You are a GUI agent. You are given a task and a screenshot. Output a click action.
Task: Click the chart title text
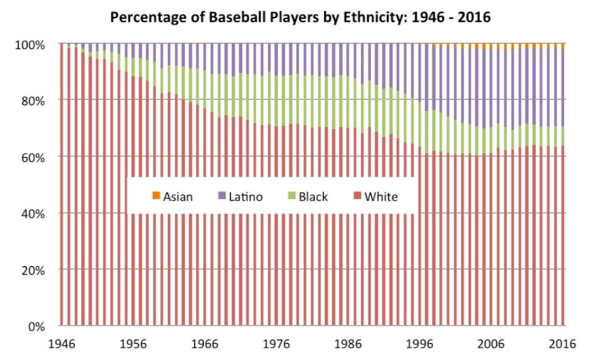tap(300, 17)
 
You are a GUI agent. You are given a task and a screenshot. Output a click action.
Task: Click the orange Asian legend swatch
tap(155, 197)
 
